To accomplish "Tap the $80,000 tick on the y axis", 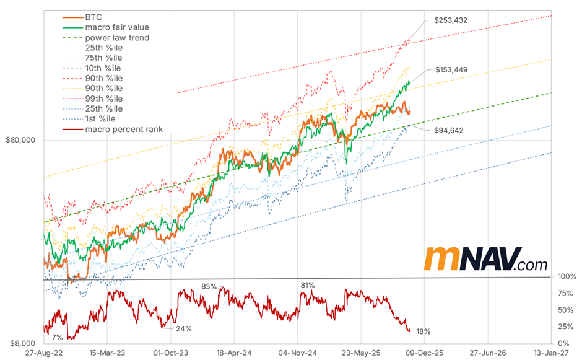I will pyautogui.click(x=20, y=140).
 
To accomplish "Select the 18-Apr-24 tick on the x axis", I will pyautogui.click(x=233, y=352).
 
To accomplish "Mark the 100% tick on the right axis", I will pyautogui.click(x=567, y=276).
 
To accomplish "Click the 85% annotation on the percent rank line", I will pyautogui.click(x=209, y=286).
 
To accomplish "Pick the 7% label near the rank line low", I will pyautogui.click(x=57, y=338).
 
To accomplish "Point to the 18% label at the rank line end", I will pyautogui.click(x=424, y=331).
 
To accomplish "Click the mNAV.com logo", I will pyautogui.click(x=487, y=260).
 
